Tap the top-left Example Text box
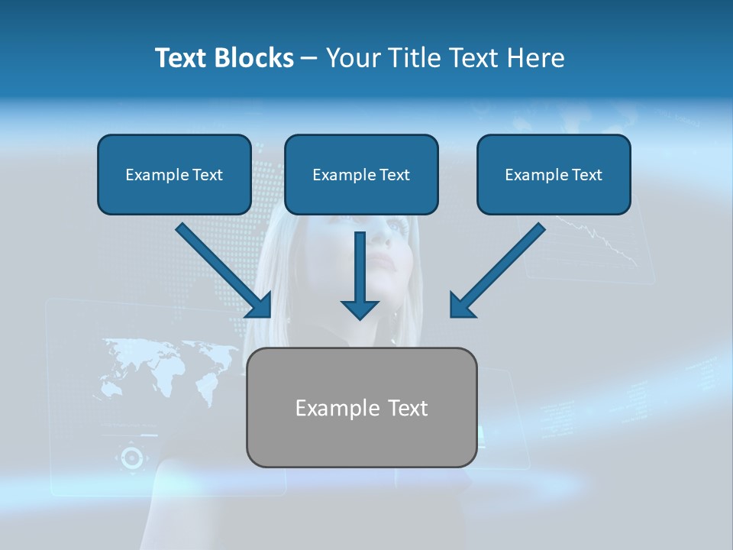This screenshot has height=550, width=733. click(174, 174)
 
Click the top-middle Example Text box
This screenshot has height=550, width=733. click(361, 174)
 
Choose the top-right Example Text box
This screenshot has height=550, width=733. click(554, 174)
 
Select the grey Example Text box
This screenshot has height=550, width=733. click(361, 407)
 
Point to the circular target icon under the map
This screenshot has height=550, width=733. click(131, 458)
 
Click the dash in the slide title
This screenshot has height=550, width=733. click(308, 58)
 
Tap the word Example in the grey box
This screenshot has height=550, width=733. click(330, 407)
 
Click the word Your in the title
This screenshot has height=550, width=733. click(351, 58)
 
